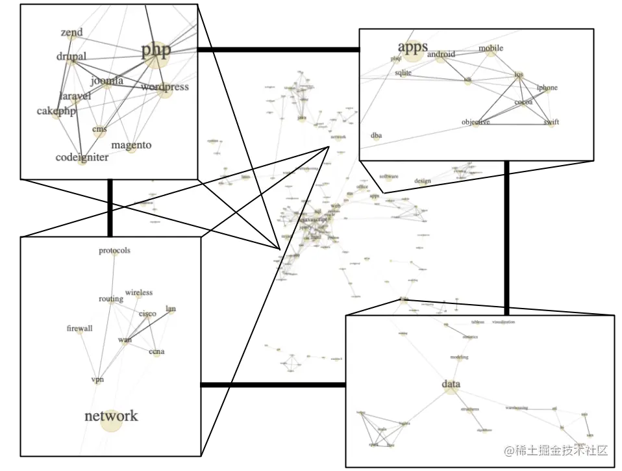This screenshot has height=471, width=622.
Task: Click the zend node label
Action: click(x=71, y=32)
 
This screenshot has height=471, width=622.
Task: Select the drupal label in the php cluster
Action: click(x=71, y=57)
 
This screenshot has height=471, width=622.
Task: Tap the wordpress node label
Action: click(x=164, y=87)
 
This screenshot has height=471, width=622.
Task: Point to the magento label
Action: click(x=131, y=145)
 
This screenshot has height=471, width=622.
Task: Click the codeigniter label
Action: click(x=82, y=157)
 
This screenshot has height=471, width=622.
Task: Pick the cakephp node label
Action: click(x=56, y=111)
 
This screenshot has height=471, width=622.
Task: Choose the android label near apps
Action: click(x=441, y=55)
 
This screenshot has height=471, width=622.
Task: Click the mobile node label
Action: click(x=491, y=48)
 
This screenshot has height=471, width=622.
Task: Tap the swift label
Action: click(x=551, y=122)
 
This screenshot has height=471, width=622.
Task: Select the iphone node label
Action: click(x=547, y=88)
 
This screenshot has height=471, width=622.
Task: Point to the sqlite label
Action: click(x=403, y=73)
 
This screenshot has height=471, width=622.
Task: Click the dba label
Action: click(x=376, y=136)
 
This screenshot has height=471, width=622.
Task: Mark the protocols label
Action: click(x=114, y=251)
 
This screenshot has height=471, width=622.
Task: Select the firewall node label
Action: click(x=80, y=329)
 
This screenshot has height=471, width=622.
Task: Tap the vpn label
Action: click(x=97, y=379)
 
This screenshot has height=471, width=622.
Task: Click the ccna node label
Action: click(x=156, y=352)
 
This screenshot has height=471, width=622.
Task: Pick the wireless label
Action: click(x=139, y=293)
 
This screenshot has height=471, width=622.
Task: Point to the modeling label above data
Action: click(x=459, y=357)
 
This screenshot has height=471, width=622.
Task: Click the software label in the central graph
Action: click(x=389, y=177)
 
